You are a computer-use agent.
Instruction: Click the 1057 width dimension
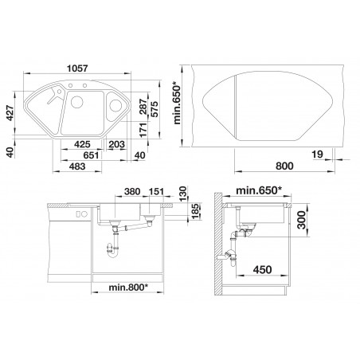(77, 68)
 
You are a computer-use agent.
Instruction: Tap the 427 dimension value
(10, 113)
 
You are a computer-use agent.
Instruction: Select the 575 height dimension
(154, 109)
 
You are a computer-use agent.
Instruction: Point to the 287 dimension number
(143, 107)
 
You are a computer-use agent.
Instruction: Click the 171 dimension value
(143, 130)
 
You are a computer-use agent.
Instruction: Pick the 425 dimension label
(82, 144)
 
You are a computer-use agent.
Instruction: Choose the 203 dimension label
(116, 144)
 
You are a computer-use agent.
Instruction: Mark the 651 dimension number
(91, 155)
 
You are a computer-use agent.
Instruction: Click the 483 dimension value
(77, 166)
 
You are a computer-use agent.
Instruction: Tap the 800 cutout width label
(284, 166)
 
